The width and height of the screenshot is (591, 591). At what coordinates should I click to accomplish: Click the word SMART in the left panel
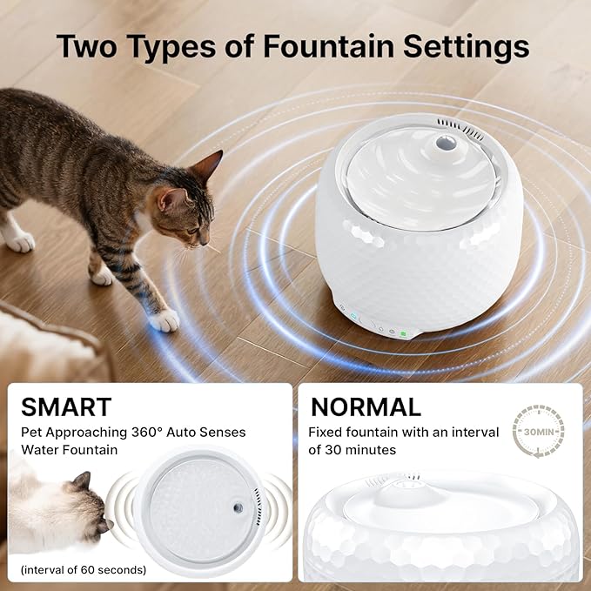(x=66, y=406)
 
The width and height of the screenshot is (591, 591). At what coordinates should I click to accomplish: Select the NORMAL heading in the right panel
(x=366, y=406)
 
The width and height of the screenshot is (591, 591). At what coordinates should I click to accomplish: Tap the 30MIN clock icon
(x=539, y=432)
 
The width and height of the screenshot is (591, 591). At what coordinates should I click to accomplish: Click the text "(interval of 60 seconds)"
(x=84, y=570)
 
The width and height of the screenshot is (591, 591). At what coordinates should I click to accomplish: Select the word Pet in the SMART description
(x=34, y=432)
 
